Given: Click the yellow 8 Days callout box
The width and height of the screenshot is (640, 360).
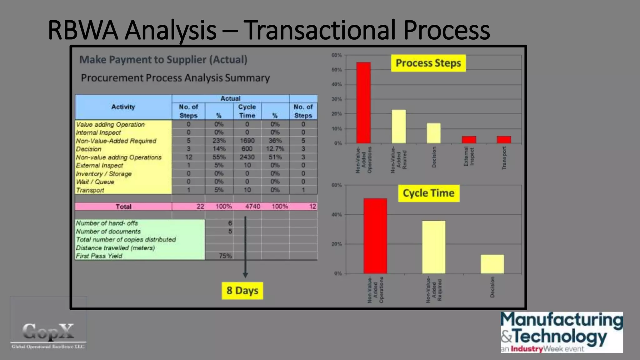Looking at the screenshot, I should click(x=242, y=291).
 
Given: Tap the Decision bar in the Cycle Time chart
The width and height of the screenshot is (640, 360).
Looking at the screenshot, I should click(x=492, y=264).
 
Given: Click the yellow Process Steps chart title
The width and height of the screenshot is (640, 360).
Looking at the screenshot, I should click(x=428, y=63).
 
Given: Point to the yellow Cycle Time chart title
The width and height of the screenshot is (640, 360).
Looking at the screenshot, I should click(x=428, y=193).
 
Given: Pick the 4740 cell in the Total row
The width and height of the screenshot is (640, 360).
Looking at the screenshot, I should click(x=252, y=207).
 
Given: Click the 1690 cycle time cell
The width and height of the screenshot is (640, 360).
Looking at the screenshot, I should click(x=247, y=141).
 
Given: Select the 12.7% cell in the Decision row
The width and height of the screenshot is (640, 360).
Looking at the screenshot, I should click(x=275, y=149).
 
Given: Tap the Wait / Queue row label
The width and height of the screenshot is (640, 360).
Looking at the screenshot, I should click(x=95, y=182).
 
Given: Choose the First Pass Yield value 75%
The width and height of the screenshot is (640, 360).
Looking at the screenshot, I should click(x=225, y=256).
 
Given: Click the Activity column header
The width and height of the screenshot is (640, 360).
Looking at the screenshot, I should click(x=123, y=107).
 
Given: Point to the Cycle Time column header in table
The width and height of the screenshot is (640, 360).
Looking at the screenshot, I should click(x=247, y=111).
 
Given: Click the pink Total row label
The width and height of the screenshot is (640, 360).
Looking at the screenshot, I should click(x=123, y=207).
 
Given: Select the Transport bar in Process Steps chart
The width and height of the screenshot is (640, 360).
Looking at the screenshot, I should click(x=504, y=140).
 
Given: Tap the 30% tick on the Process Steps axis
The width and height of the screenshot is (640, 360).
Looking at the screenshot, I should click(x=336, y=99).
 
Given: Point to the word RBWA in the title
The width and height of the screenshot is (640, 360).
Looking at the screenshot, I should click(x=83, y=30).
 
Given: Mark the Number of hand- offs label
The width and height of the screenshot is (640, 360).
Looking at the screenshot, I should click(x=107, y=223).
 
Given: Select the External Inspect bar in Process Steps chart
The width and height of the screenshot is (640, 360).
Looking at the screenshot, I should click(x=469, y=140).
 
